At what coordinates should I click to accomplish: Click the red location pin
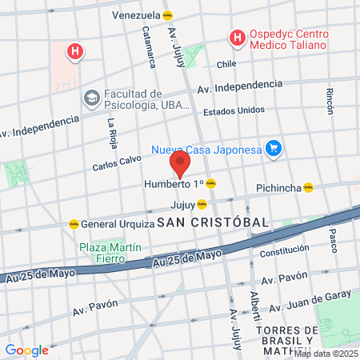[x=180, y=165]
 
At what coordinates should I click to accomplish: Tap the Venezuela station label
[x=136, y=15]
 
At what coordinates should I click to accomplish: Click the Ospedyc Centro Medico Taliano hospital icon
[x=237, y=37]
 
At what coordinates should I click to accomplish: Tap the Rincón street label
[x=330, y=100]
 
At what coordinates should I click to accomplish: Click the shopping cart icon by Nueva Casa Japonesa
[x=274, y=148]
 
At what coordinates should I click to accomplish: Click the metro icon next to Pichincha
[x=308, y=188]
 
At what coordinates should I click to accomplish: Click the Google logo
[x=26, y=350]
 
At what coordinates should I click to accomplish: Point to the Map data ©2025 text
[x=328, y=352]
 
